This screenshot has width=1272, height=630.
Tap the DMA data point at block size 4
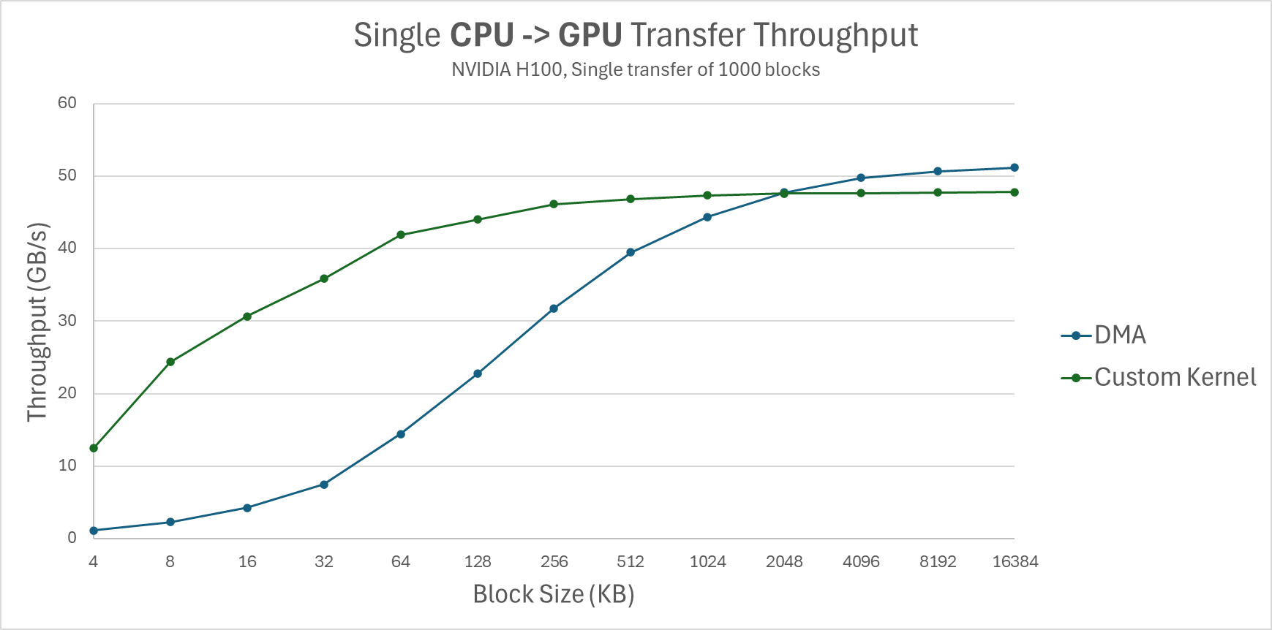(94, 531)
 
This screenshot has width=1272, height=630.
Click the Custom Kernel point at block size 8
(170, 362)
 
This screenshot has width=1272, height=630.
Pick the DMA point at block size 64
(401, 434)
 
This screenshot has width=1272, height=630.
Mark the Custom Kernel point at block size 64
(401, 235)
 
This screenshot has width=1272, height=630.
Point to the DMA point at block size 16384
(1015, 167)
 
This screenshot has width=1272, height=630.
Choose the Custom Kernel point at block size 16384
(1015, 192)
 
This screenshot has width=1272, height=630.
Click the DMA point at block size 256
(554, 308)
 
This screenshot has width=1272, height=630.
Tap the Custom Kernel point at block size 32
(324, 278)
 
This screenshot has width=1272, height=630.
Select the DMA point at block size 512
(631, 252)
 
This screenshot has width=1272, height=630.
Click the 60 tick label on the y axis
(67, 103)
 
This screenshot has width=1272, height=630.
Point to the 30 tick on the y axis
(67, 320)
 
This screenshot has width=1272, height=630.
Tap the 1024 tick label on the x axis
(707, 562)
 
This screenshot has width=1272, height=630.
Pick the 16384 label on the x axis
(1015, 562)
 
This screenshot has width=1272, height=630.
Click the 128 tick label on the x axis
(478, 562)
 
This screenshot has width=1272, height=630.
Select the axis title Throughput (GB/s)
(37, 322)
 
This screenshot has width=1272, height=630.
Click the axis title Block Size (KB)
(554, 594)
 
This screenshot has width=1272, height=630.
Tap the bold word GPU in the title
(590, 35)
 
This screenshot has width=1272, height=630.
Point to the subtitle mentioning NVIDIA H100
(636, 70)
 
